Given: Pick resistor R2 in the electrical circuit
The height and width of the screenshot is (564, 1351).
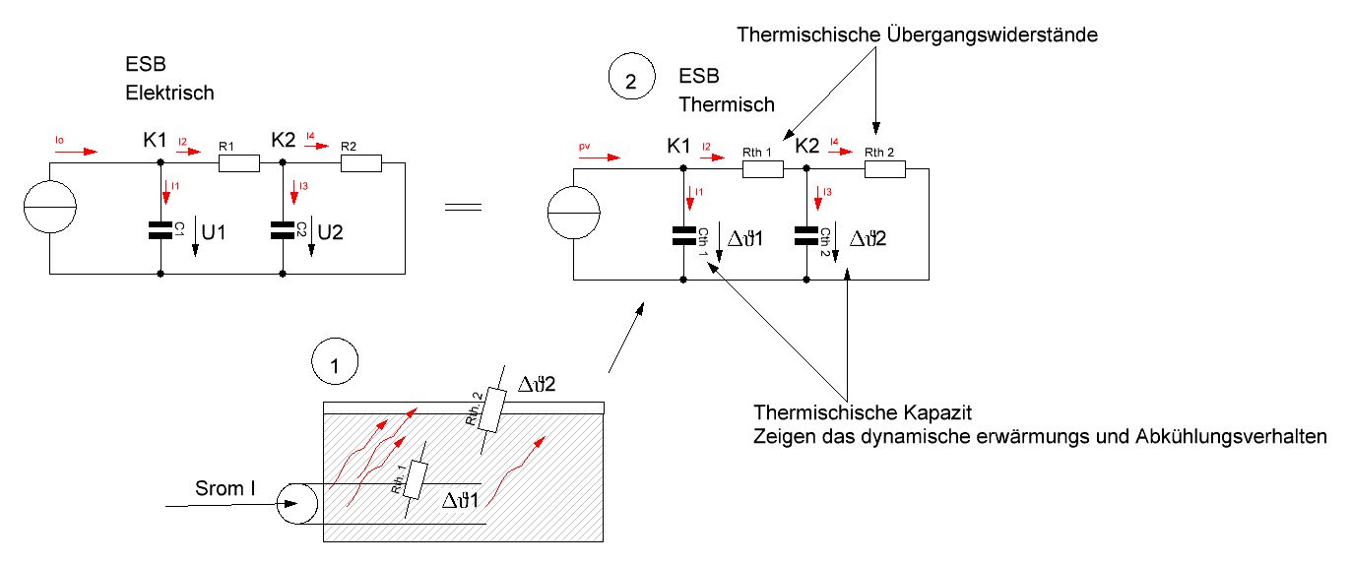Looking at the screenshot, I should tap(359, 163).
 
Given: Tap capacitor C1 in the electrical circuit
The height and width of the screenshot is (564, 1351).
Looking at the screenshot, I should tap(160, 230).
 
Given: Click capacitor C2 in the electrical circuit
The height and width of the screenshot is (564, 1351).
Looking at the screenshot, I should tap(283, 230).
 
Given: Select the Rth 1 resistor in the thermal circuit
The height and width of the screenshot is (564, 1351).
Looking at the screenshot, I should tap(762, 169).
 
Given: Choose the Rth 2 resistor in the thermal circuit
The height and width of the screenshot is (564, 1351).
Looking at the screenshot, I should tap(884, 169).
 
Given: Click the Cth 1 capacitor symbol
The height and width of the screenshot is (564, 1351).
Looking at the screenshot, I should tap(682, 236).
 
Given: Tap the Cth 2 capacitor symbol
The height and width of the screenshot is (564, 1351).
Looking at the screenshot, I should tap(805, 236).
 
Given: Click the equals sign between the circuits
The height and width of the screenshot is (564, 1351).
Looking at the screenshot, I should tap(463, 208).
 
